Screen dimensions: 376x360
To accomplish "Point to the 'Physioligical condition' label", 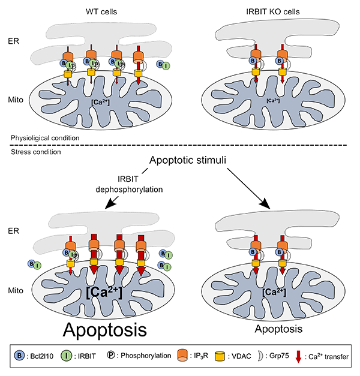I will (x=45, y=139).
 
